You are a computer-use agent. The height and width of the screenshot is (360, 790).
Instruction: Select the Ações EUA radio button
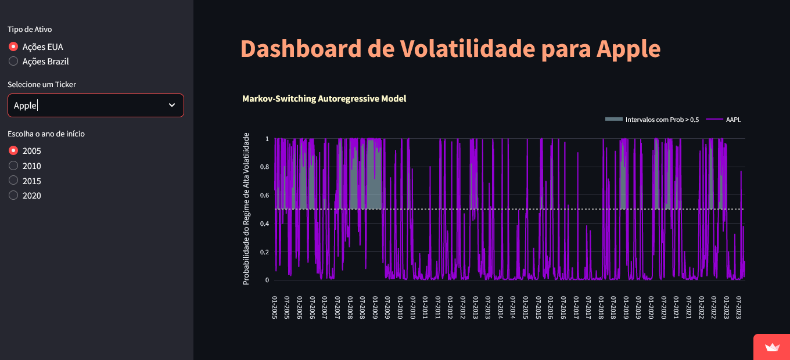coord(13,46)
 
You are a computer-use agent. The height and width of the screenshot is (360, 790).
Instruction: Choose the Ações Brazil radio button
coord(13,61)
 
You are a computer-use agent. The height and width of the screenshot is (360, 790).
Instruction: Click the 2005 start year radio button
coord(13,150)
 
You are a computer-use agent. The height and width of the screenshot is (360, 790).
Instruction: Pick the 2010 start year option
coord(13,165)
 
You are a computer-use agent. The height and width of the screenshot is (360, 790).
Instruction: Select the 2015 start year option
coord(13,181)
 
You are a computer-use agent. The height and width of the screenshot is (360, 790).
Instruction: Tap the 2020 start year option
coord(13,196)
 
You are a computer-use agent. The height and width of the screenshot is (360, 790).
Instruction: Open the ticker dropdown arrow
coord(172,105)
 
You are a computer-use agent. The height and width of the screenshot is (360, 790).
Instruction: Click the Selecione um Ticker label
coord(42,84)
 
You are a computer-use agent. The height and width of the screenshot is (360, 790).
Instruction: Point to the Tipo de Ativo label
coord(34,29)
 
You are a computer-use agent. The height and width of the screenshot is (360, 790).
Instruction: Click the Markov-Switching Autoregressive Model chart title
coord(324,99)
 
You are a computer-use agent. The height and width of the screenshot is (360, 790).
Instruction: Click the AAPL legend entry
coord(733,120)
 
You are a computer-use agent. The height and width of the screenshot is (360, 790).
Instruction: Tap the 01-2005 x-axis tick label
coord(275,307)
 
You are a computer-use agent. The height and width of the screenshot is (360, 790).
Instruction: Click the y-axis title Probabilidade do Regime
coord(246,209)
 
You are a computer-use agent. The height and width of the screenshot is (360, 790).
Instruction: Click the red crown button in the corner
coord(771,347)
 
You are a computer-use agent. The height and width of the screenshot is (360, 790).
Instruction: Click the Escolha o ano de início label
coord(46,134)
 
